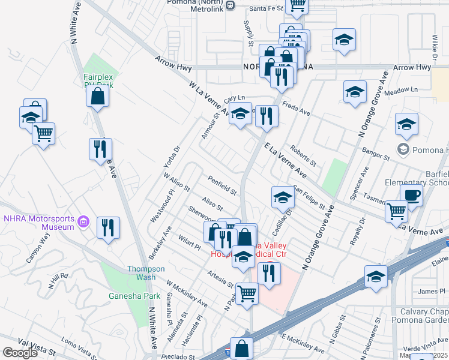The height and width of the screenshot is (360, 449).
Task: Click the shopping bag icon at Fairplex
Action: [x=97, y=95]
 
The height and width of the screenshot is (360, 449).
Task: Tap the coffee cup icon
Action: [x=411, y=196]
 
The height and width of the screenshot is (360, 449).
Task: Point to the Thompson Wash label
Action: [x=141, y=273]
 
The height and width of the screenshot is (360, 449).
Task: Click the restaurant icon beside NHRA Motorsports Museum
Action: [x=108, y=228]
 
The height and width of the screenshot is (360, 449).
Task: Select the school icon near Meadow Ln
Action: [x=355, y=92]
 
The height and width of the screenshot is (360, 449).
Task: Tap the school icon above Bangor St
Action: [x=406, y=124]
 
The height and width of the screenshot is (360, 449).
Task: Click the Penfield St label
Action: [x=221, y=185]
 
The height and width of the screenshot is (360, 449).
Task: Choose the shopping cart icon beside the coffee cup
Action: [x=396, y=211]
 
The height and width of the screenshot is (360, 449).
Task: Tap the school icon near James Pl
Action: [x=376, y=277]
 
